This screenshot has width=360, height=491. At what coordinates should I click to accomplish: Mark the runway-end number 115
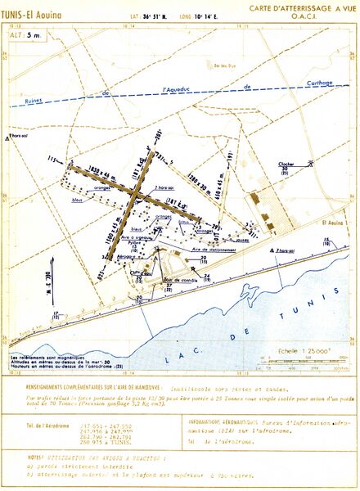[55, 159]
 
